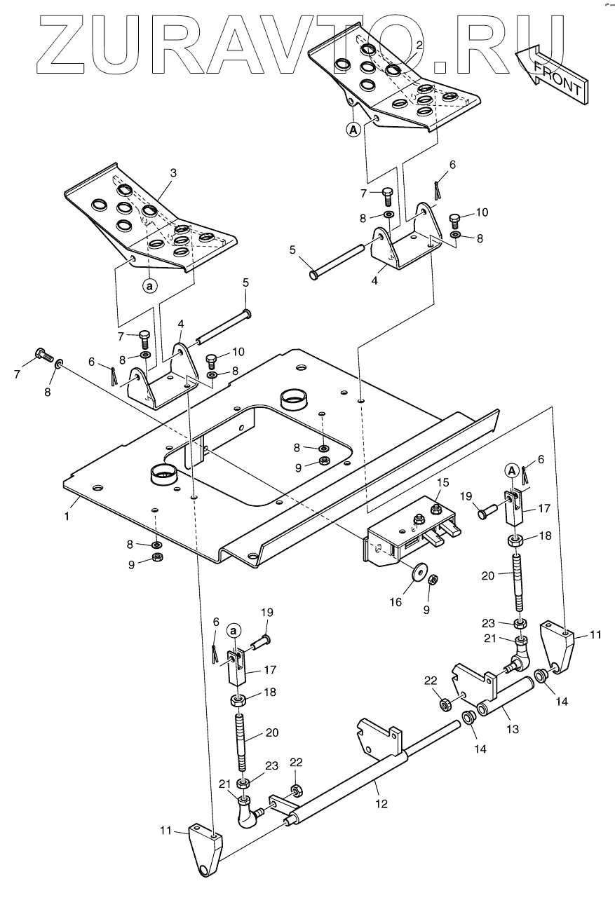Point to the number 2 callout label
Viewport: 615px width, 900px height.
click(x=419, y=45)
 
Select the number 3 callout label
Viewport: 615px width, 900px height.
click(x=173, y=172)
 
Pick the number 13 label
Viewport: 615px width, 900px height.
click(x=513, y=729)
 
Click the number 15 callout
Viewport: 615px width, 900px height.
click(x=442, y=483)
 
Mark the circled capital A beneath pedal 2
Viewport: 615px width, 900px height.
click(x=353, y=129)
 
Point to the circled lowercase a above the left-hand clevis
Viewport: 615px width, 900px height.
click(x=234, y=630)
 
